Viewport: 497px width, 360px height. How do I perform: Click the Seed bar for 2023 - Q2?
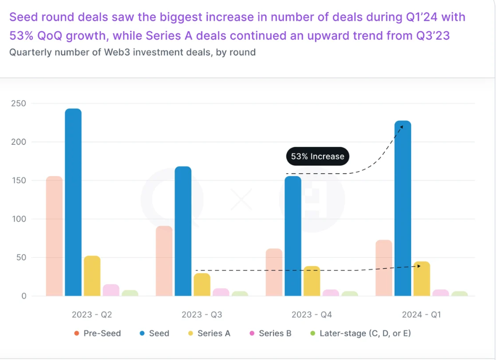point(73,202)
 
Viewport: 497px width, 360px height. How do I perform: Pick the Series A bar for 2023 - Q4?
point(312,281)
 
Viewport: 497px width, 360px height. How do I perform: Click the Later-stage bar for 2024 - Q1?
point(459,293)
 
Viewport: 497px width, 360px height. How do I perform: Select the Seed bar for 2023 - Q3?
point(183,231)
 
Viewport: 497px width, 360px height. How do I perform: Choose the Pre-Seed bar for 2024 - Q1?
point(383,268)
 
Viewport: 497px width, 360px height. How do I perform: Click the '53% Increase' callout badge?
point(317,156)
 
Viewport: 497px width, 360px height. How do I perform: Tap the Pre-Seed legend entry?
point(98,333)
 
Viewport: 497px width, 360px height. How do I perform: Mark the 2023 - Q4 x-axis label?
point(312,314)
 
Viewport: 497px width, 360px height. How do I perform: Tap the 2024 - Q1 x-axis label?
point(421,314)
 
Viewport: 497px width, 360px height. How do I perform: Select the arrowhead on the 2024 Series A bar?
point(418,266)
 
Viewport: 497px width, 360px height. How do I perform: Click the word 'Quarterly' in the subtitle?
point(30,52)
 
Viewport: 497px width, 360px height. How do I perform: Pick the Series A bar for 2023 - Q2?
point(92,276)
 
